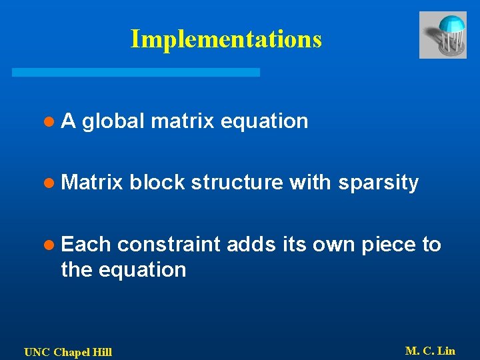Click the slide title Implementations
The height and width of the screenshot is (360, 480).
coord(226,39)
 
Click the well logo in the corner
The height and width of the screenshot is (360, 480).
coord(443,35)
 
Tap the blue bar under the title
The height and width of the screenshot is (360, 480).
coord(136,72)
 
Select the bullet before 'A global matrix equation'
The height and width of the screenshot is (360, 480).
coord(48,122)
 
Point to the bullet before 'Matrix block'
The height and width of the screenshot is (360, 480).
coord(48,183)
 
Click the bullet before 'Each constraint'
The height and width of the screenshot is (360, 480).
coord(48,245)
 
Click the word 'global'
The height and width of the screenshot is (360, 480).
coord(114,121)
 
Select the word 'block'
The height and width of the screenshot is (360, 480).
coord(157,183)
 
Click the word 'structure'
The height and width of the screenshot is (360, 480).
coord(237,183)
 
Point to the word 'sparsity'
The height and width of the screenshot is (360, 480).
coord(378,183)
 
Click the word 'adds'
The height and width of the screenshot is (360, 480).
coord(248,245)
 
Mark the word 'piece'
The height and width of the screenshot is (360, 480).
coord(388,245)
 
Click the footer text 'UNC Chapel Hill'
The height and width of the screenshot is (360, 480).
coord(68,352)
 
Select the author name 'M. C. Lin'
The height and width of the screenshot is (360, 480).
coord(430,351)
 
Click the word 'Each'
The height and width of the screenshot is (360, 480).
coord(85,245)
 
